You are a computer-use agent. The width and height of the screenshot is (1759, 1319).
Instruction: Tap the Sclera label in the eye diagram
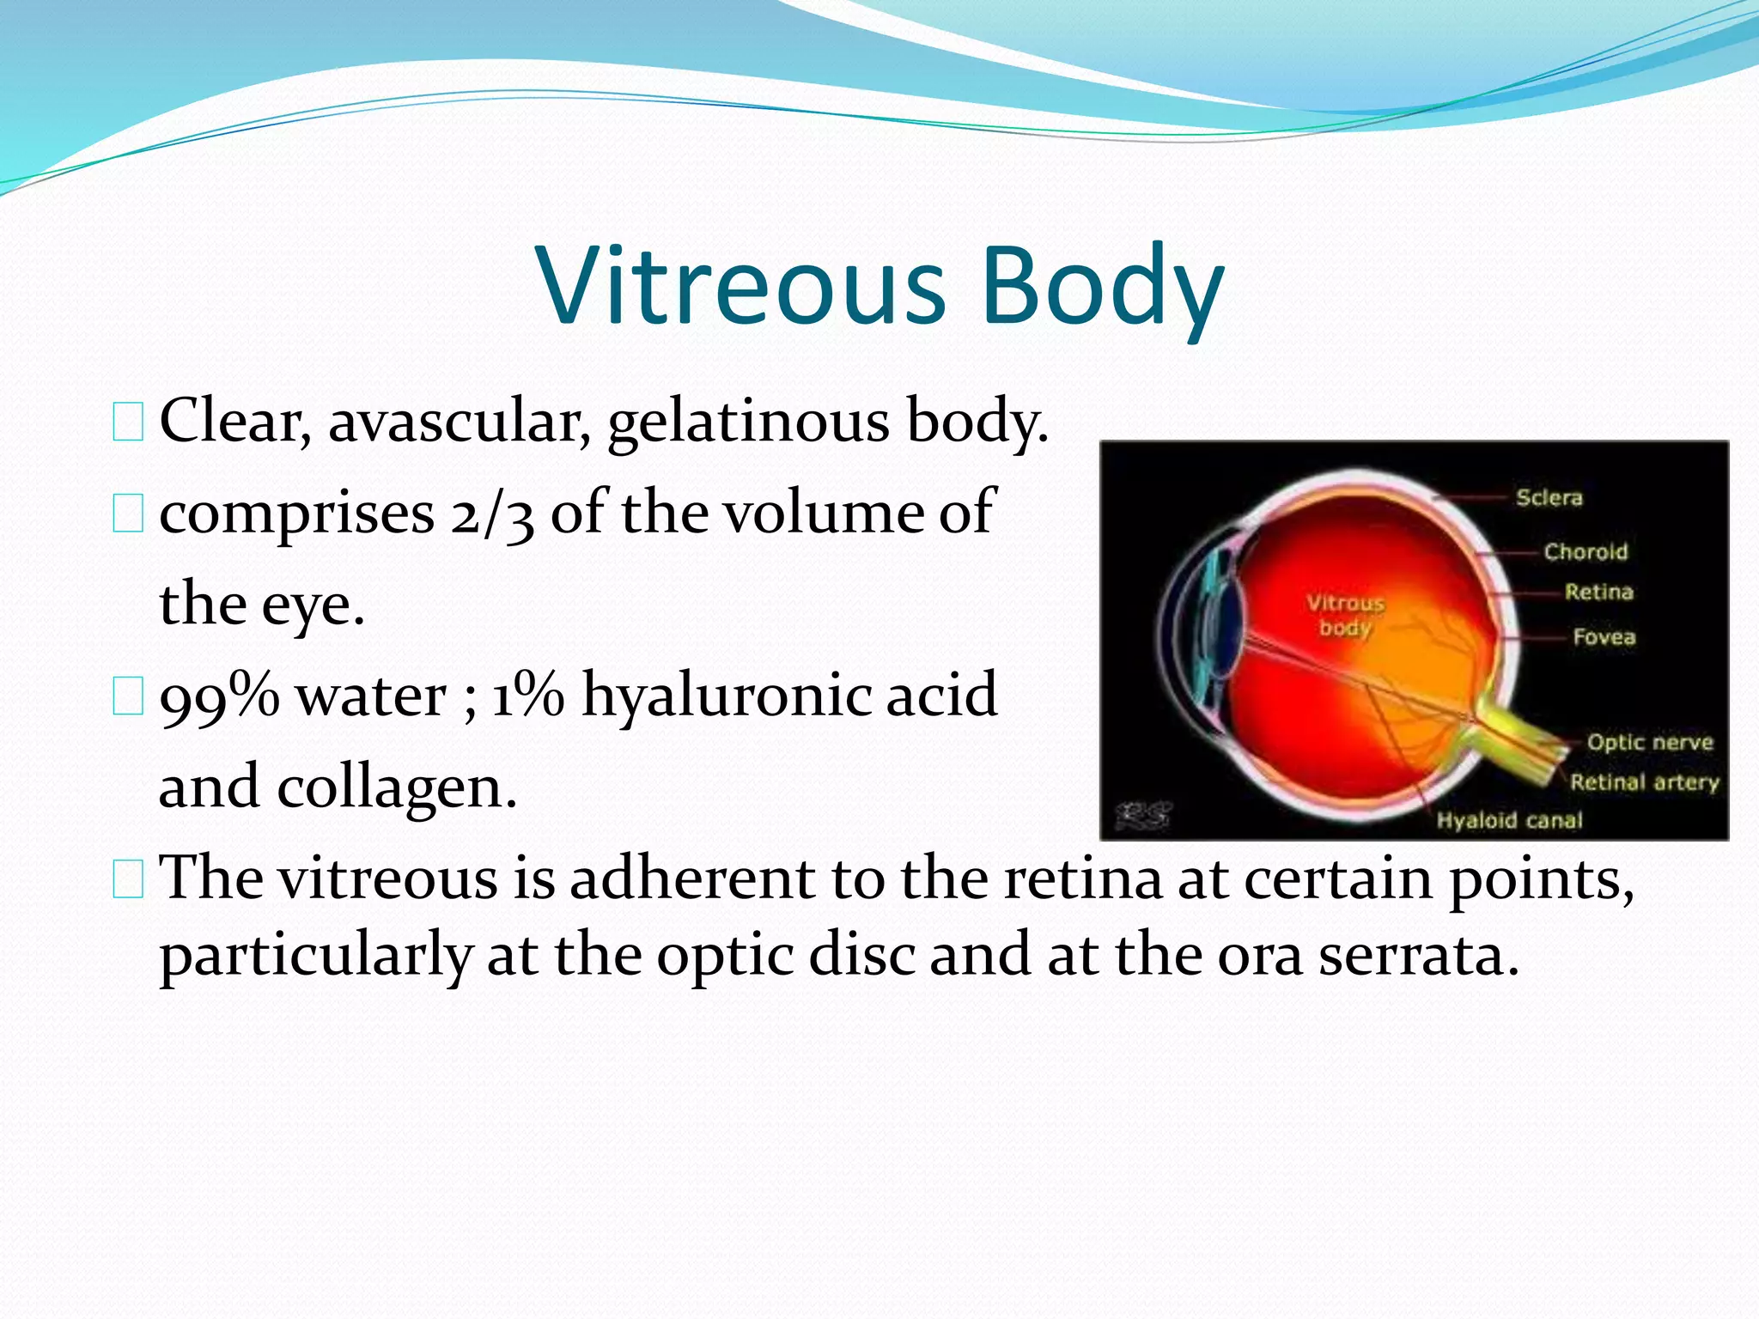tap(1549, 497)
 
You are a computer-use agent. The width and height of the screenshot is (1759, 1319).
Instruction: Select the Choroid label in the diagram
tap(1586, 551)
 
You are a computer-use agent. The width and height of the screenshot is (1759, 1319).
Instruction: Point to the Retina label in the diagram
tap(1598, 592)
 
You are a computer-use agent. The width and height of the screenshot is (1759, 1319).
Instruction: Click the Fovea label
tap(1604, 637)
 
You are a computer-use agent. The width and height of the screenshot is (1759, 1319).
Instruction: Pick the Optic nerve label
tap(1649, 742)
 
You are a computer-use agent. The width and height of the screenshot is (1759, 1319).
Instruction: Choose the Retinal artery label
tap(1644, 782)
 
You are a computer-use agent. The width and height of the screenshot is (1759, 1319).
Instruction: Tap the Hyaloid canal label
tap(1509, 820)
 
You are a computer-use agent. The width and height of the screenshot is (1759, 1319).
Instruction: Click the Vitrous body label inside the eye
tap(1345, 615)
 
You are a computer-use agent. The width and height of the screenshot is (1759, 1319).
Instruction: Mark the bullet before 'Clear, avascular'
tap(128, 423)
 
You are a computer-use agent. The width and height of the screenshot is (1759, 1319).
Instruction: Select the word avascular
tap(460, 422)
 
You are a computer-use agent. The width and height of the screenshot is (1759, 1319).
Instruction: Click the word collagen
tap(397, 787)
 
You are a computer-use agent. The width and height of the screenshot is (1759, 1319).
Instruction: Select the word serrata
tap(1419, 956)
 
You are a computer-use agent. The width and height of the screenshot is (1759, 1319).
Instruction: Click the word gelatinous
tap(748, 423)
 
